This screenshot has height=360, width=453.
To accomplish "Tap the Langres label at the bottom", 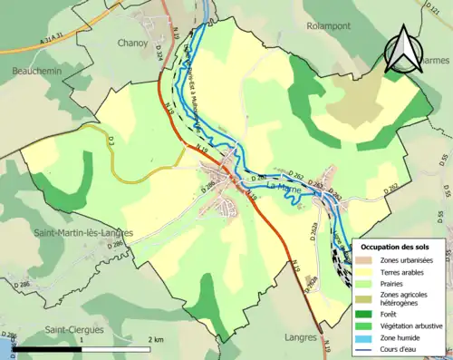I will [x=285, y=337].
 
